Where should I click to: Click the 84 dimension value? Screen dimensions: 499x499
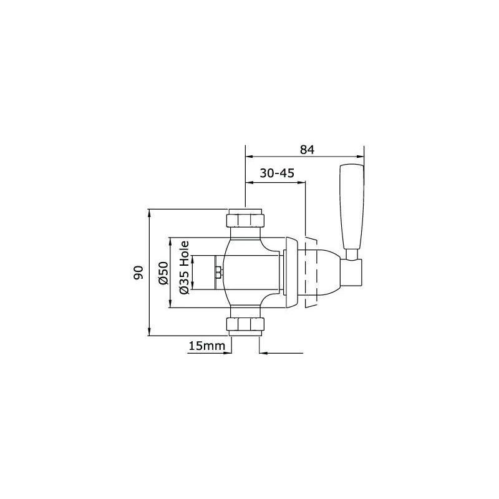click(x=306, y=150)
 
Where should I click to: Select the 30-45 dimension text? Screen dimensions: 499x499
click(x=276, y=174)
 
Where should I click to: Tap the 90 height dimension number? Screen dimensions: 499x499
click(x=139, y=272)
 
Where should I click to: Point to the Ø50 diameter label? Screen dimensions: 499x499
click(x=163, y=273)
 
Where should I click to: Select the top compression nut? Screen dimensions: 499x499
click(x=245, y=220)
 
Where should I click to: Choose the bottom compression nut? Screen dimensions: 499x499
click(x=245, y=325)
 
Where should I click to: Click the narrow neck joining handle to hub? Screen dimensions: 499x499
click(x=353, y=252)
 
